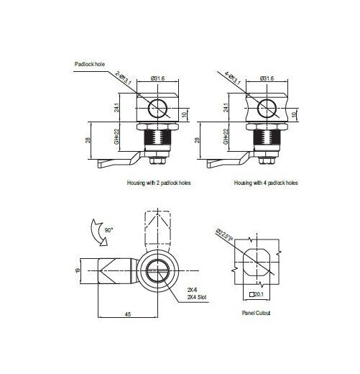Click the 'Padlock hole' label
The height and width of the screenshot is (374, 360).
click(91, 64)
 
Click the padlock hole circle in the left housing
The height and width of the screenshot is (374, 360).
click(157, 109)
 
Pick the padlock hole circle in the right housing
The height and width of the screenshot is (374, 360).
click(266, 109)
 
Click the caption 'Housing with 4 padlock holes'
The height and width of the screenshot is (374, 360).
click(265, 183)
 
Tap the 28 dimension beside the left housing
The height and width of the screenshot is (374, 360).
click(88, 142)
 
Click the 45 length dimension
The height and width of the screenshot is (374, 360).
click(126, 314)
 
